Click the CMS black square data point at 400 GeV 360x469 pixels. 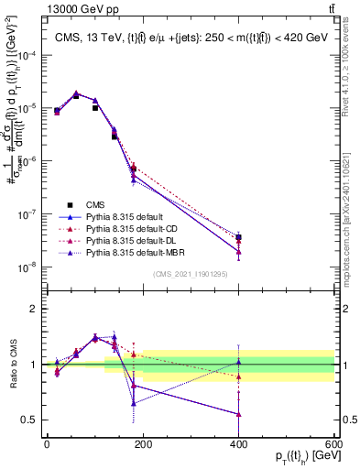point(239,237)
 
